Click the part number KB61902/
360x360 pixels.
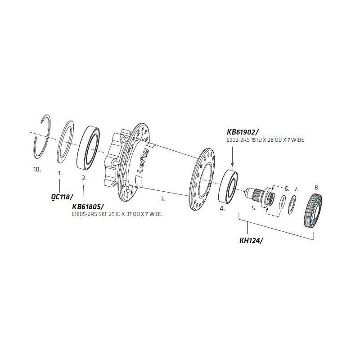coord(243,132)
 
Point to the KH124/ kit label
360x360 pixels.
coord(251,240)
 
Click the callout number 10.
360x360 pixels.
coord(37,170)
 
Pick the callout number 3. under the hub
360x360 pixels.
coord(163,199)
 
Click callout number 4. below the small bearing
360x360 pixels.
coord(222,209)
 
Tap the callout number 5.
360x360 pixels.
coord(254,208)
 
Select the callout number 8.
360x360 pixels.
coord(317,187)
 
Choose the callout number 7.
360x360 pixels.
coord(296,189)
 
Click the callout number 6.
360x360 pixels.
coord(287,189)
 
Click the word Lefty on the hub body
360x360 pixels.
coord(143,161)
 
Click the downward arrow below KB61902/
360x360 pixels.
coord(232,156)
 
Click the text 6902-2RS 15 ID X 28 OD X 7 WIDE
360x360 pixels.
coord(265,140)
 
